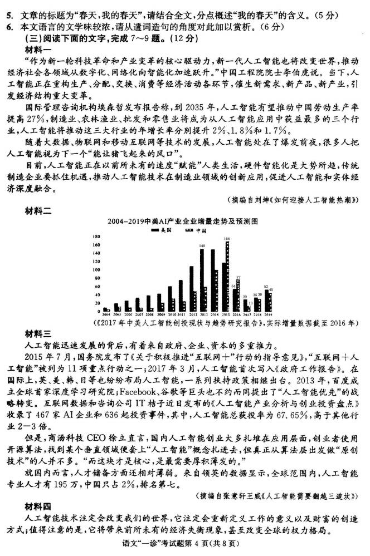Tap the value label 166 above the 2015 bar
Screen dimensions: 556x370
point(227,238)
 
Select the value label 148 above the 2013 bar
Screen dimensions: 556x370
point(202,245)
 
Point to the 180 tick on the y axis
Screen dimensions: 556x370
point(95,237)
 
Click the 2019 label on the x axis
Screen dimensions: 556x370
point(269,314)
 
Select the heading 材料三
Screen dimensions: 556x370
point(38,333)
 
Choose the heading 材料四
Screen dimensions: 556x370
point(38,506)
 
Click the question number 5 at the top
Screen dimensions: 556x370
point(8,7)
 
